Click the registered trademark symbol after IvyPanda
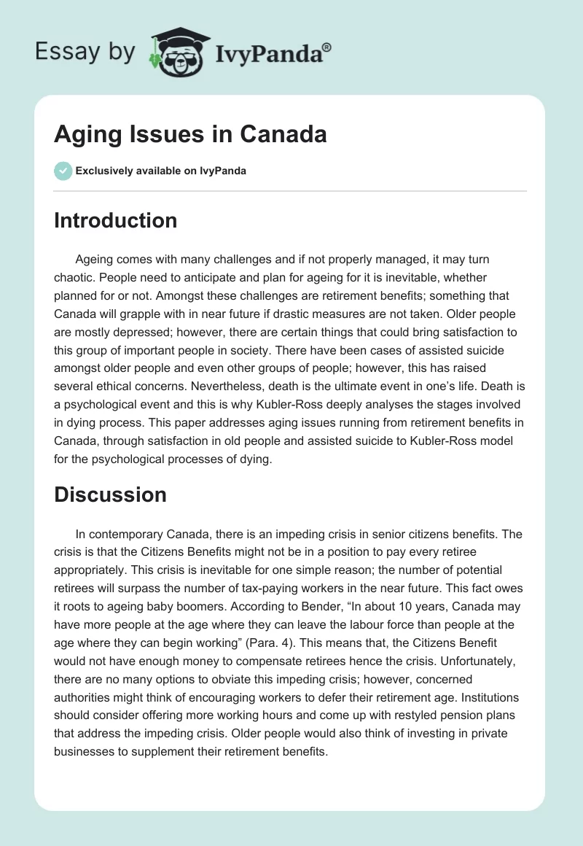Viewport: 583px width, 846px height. point(326,47)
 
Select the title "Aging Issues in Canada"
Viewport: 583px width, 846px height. point(190,135)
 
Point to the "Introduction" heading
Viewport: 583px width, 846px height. point(115,220)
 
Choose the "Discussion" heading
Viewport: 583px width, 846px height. point(110,494)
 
